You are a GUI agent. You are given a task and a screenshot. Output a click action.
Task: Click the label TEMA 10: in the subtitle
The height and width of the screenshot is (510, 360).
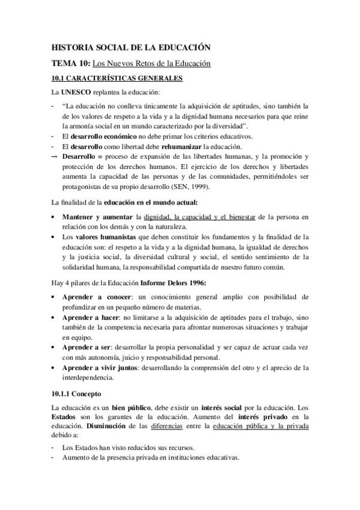71,63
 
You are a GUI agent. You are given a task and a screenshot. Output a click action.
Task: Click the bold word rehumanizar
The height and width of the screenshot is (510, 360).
181,146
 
